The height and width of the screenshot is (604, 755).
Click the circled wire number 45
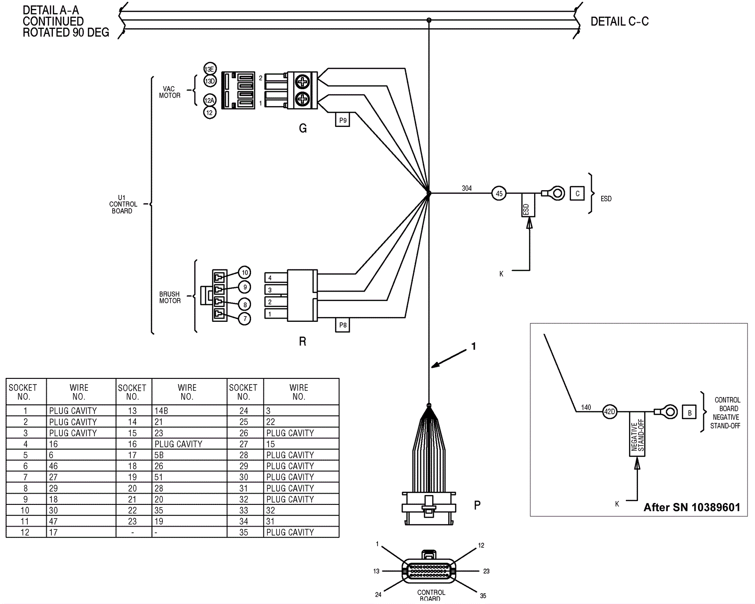(499, 193)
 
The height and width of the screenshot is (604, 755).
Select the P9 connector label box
(343, 120)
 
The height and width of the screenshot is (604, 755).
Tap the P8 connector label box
(343, 325)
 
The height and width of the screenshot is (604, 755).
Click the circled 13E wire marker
(210, 69)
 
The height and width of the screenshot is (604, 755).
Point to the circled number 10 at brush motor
(244, 273)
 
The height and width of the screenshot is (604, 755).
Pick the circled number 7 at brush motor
(244, 319)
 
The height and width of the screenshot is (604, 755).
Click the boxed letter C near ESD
(577, 193)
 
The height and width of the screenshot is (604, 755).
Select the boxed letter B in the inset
(689, 412)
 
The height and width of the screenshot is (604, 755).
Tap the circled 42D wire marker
(610, 411)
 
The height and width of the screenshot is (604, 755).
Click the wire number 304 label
(467, 188)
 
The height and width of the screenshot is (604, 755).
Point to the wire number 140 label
(586, 407)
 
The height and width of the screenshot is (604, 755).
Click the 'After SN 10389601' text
(692, 507)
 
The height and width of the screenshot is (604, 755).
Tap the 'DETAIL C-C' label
(620, 22)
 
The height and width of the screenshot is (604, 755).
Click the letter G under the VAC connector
(303, 128)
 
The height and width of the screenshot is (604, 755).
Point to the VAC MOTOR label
(169, 92)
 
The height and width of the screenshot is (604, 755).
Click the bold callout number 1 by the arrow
(474, 346)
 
